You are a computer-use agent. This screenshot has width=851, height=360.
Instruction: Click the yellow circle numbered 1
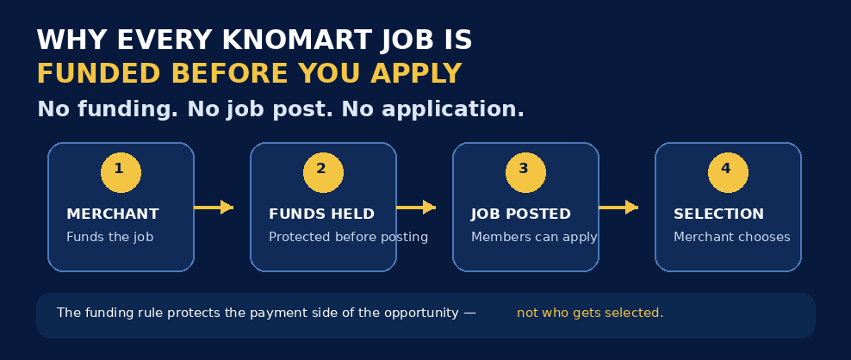point(121,172)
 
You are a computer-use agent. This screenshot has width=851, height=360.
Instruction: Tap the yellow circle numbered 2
point(323,172)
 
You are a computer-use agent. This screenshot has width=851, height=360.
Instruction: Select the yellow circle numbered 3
point(525,172)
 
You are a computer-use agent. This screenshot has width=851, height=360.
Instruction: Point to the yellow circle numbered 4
point(728,172)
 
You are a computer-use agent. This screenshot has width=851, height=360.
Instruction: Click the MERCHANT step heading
point(112,214)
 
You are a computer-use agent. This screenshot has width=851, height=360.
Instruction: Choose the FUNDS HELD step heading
point(321,214)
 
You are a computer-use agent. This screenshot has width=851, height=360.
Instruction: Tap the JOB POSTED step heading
point(521,214)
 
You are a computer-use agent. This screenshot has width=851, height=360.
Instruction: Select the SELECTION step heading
point(718,214)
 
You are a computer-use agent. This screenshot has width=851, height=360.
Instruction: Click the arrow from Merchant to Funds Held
point(214,208)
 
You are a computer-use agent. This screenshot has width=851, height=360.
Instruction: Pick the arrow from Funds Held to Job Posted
point(416,208)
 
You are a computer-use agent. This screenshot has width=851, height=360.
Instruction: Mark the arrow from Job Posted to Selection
point(618,208)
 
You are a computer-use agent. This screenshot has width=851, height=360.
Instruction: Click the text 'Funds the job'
point(109,238)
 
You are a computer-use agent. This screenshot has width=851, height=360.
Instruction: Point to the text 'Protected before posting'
point(349,238)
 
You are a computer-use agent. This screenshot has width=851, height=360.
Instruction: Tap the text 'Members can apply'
point(534,238)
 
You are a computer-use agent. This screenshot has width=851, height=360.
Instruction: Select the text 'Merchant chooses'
point(731,238)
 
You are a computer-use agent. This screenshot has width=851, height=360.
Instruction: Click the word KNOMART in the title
point(297,40)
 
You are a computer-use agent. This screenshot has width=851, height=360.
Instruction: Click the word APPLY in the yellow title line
point(416,74)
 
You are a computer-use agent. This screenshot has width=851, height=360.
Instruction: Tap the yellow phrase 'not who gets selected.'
point(590,313)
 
